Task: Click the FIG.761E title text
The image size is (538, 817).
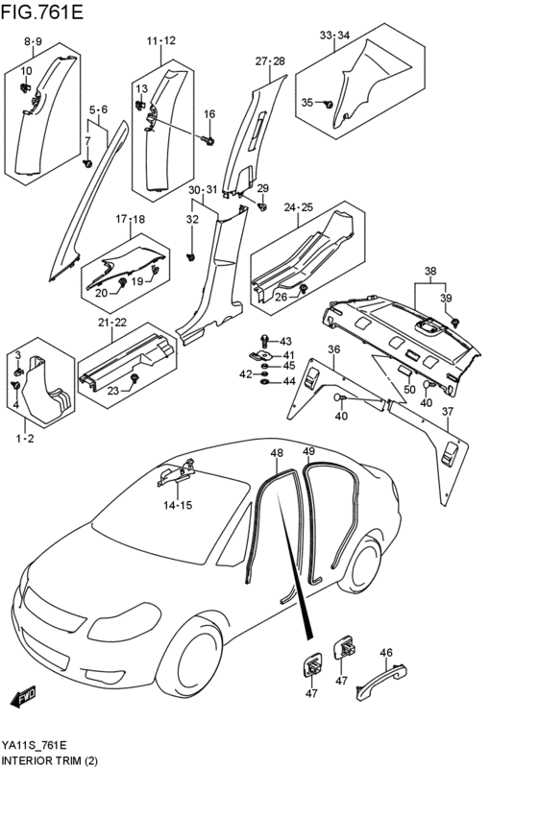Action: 42,12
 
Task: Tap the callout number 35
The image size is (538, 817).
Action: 307,103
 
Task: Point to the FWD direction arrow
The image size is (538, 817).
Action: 22,697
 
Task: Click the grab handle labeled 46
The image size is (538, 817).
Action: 381,680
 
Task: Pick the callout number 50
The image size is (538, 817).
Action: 409,389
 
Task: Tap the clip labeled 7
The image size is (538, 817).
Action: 87,163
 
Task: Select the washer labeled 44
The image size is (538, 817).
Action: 265,382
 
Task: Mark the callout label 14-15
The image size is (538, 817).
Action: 178,505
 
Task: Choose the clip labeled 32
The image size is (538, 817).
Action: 191,257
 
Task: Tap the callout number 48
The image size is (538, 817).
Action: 277,453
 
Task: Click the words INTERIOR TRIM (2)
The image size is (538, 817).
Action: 50,760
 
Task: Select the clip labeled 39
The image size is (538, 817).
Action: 454,322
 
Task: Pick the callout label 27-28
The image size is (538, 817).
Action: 270,60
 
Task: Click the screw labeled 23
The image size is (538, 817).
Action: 134,378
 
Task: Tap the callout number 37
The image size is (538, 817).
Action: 448,412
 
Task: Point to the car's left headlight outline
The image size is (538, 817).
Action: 124,622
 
